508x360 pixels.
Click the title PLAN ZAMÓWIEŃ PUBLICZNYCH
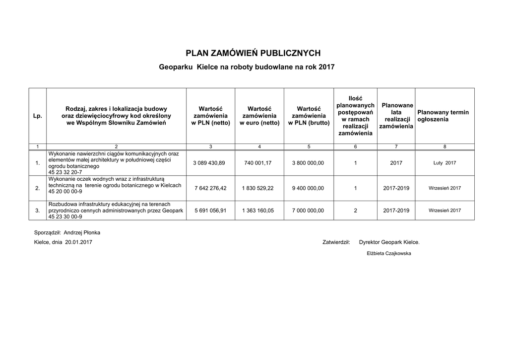tap(253, 53)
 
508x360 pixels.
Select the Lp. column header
tap(37, 116)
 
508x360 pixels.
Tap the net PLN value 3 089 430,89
tap(210, 163)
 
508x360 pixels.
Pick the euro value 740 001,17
tap(258, 163)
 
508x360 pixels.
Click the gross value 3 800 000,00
tap(308, 163)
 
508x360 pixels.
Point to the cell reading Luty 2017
tap(444, 163)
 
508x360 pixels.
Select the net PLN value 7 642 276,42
tap(210, 188)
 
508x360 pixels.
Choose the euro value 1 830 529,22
tap(258, 188)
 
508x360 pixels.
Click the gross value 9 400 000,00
tap(308, 188)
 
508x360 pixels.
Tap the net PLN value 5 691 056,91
tap(210, 211)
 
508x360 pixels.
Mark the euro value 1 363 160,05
tap(258, 211)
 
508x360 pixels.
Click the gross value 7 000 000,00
tap(308, 211)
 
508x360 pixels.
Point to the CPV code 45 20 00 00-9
tap(65, 191)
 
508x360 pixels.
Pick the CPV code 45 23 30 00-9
tap(65, 216)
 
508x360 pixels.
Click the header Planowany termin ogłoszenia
tap(443, 116)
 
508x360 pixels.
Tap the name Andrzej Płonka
tap(82, 232)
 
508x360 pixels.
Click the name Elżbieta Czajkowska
tap(389, 253)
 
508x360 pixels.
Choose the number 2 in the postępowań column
tap(355, 211)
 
